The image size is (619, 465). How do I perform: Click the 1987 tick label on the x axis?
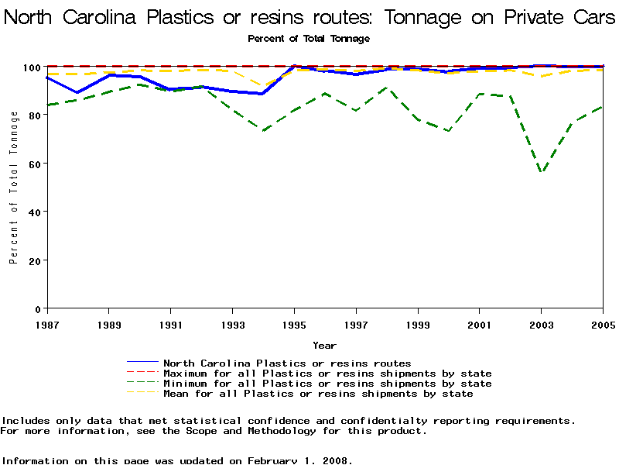[x=47, y=323]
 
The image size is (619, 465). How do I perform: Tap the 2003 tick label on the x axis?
[x=542, y=323]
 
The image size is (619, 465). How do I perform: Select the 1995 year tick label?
[x=294, y=323]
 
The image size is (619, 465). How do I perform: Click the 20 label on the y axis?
[x=34, y=260]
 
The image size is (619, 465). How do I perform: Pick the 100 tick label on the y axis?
[x=31, y=67]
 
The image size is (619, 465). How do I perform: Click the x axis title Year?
[x=324, y=346]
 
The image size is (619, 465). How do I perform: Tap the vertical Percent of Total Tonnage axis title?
[x=14, y=188]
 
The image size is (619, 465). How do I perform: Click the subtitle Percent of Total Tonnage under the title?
[x=309, y=38]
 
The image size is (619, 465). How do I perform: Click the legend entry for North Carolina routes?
[x=287, y=363]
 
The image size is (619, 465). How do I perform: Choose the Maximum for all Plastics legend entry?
[x=327, y=374]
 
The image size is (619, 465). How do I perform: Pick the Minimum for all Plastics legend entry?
[x=327, y=384]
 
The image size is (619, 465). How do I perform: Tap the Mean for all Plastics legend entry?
[x=318, y=394]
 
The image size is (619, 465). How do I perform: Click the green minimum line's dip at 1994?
[x=263, y=131]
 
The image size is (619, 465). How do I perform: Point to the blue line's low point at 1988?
[x=77, y=92]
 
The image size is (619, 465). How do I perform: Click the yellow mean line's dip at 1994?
[x=263, y=86]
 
